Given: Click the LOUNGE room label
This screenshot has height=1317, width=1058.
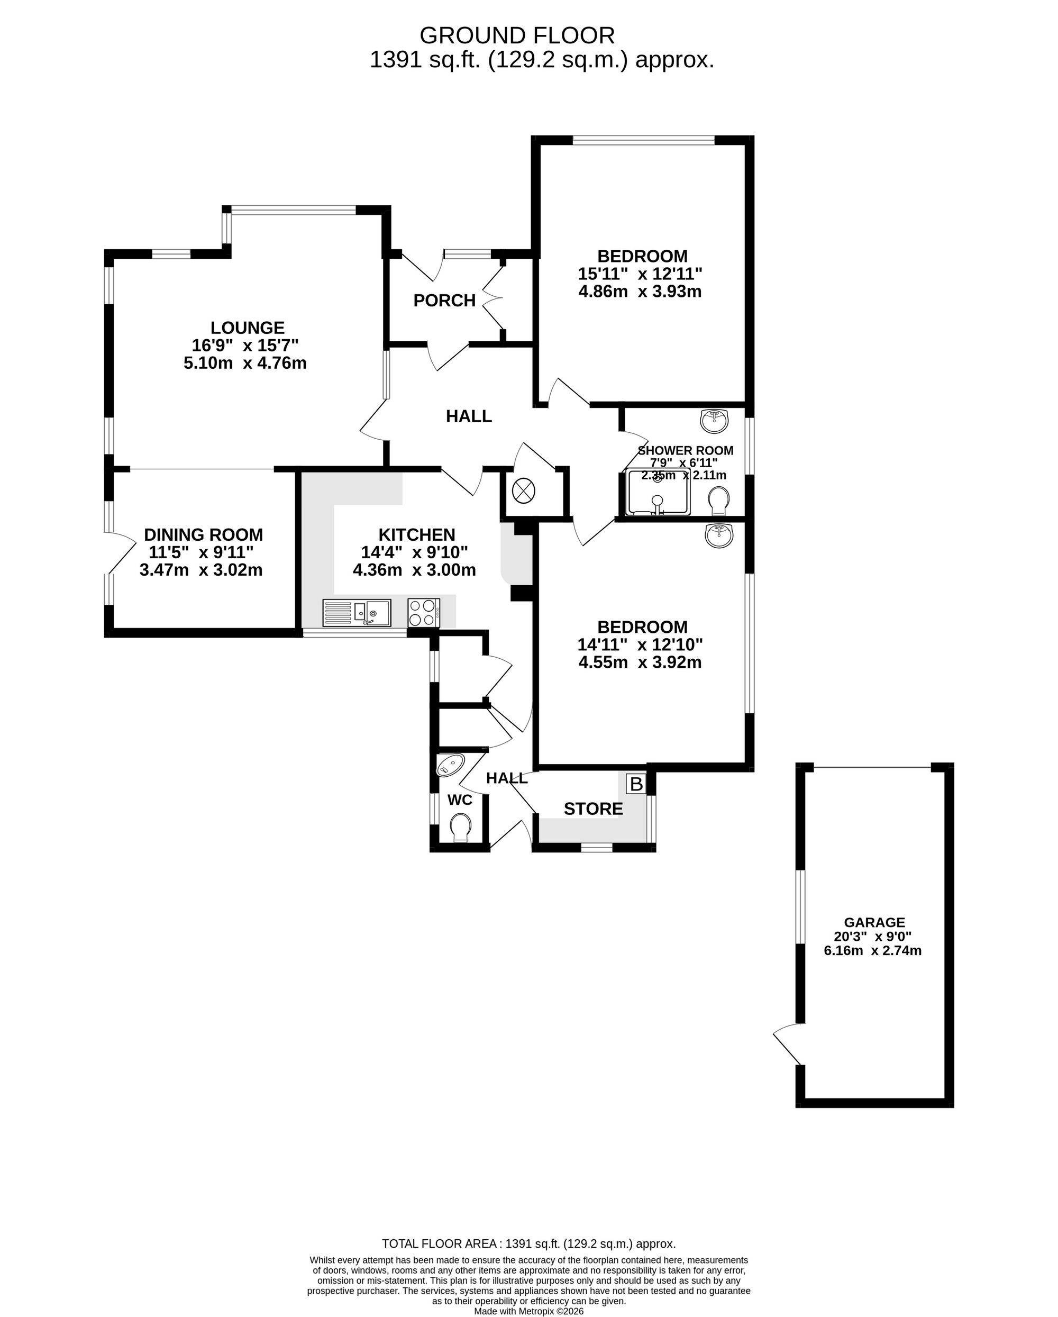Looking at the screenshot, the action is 248,328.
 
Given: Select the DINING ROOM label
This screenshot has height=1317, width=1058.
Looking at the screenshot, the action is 204,535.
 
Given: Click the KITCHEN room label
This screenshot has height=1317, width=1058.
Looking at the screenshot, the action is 417,535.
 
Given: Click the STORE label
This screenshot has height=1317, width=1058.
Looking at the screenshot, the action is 593,810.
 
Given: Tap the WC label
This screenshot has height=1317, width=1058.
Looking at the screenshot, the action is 460,800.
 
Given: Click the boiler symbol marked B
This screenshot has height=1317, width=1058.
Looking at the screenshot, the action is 636,784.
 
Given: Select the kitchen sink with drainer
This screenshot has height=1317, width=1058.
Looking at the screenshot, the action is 357,613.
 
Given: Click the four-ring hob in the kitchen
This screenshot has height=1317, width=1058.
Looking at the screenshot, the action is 424,613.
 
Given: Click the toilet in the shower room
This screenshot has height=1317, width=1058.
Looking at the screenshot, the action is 719,500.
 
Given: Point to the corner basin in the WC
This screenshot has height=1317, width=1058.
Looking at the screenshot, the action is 450,765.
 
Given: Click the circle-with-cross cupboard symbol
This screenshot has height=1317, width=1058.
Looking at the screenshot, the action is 524,490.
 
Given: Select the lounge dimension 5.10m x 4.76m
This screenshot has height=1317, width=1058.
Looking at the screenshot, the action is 245,364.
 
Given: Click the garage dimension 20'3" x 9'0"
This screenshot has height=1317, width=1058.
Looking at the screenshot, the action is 873,937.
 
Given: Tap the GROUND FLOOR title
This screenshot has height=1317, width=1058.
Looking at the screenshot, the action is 517,36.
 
